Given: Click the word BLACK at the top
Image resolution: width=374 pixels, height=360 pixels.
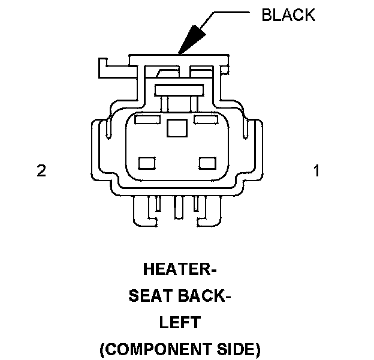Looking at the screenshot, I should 288,15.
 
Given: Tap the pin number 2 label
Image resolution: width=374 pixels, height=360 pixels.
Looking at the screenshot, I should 41,171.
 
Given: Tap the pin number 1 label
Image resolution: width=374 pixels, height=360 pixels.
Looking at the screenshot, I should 316,171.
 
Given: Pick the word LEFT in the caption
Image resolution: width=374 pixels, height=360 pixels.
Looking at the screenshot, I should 180,322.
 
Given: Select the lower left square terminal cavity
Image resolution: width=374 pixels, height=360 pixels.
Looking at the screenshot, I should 147,163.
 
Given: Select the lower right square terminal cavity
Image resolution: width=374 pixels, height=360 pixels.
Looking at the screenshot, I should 207,163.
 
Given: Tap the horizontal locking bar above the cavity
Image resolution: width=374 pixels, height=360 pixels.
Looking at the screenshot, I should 177,90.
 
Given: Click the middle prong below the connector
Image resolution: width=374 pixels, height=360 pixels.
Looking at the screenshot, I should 177,207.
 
